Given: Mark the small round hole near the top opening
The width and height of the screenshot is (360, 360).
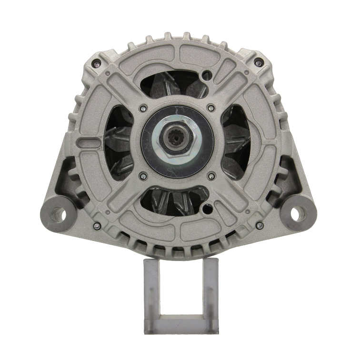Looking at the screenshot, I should coord(207,75).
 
